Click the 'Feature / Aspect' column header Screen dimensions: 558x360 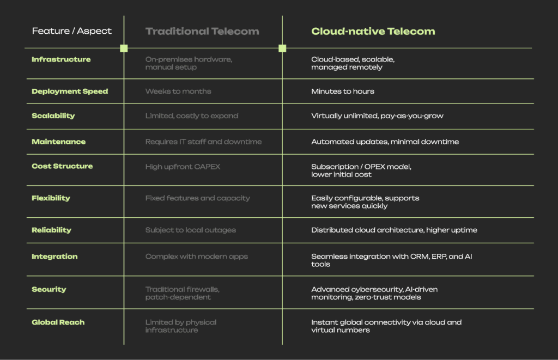pyautogui.click(x=71, y=31)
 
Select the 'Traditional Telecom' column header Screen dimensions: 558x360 pyautogui.click(x=202, y=31)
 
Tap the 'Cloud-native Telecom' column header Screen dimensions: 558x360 pyautogui.click(x=373, y=31)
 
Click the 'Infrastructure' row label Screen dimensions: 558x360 pyautogui.click(x=61, y=59)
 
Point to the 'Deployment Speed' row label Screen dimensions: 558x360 pyautogui.click(x=70, y=91)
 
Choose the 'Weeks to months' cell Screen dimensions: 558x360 pyautogui.click(x=178, y=91)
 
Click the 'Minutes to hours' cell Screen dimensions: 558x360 pyautogui.click(x=343, y=91)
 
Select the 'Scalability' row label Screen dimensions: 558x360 pyautogui.click(x=53, y=116)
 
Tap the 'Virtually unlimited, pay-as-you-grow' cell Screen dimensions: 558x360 pyautogui.click(x=377, y=116)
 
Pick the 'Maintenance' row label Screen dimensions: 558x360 pyautogui.click(x=59, y=142)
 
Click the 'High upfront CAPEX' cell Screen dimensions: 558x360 pyautogui.click(x=183, y=167)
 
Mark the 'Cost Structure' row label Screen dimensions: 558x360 pyautogui.click(x=62, y=167)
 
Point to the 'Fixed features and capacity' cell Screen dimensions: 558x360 pyautogui.click(x=197, y=198)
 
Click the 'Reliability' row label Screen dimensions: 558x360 pyautogui.click(x=52, y=230)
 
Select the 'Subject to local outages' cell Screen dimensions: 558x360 pyautogui.click(x=190, y=230)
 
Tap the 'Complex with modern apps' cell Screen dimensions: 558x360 pyautogui.click(x=196, y=257)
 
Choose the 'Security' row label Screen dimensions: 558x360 pyautogui.click(x=49, y=290)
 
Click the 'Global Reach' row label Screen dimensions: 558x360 pyautogui.click(x=58, y=322)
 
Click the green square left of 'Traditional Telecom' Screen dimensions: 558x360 pyautogui.click(x=124, y=48)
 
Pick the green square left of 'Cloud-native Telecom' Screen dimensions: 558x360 pyautogui.click(x=282, y=48)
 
